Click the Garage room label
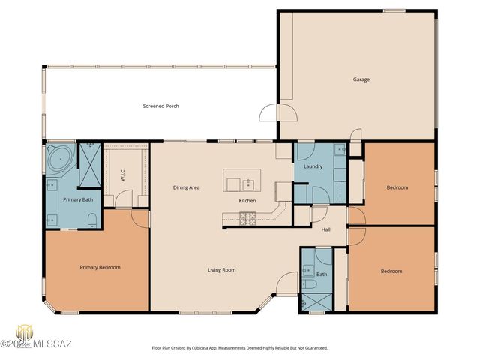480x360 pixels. (361, 79)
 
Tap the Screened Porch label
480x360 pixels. (160, 106)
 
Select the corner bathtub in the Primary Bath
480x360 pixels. (59, 158)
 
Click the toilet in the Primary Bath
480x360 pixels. (91, 220)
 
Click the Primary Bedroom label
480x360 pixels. (100, 267)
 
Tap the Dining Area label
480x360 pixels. (186, 187)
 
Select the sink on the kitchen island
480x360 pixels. (247, 183)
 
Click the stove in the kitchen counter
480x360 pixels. (247, 218)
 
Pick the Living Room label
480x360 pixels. (222, 269)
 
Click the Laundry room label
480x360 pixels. (313, 166)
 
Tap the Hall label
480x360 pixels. (326, 229)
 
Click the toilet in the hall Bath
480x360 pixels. (307, 286)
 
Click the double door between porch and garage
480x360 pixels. (277, 113)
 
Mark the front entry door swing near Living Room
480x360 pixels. (287, 283)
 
